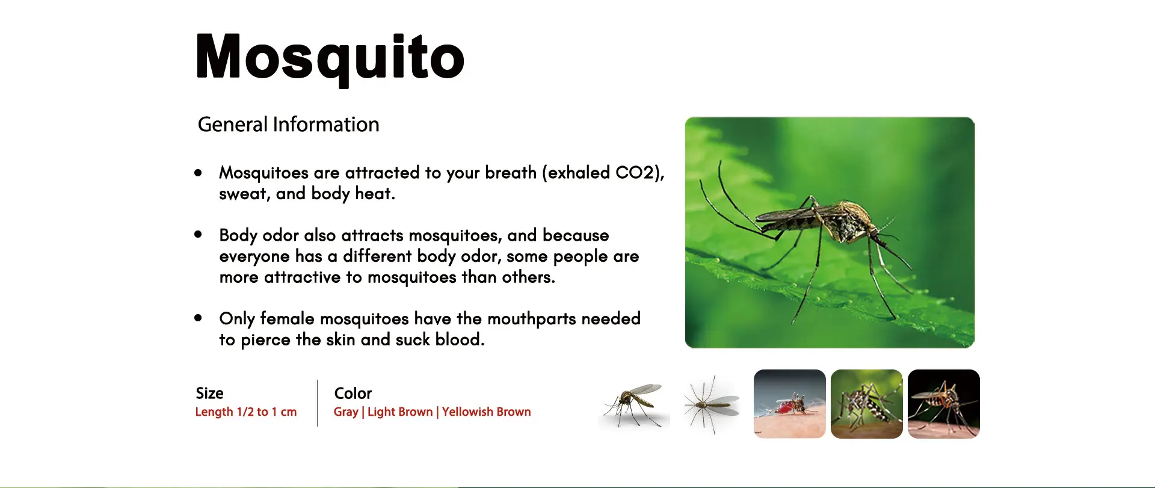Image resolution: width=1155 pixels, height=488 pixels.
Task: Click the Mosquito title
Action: [330, 58]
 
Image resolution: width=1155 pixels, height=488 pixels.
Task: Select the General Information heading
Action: [289, 125]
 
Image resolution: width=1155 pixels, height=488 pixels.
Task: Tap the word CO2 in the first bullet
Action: [634, 173]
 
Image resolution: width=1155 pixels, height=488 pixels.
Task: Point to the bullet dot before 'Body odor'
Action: [198, 235]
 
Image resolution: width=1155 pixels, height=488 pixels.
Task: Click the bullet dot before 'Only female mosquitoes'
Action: [198, 318]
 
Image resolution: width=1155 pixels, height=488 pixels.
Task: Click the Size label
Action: [209, 394]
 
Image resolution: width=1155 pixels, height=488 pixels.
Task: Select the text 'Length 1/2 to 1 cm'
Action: [246, 412]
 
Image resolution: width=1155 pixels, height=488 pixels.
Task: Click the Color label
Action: [353, 394]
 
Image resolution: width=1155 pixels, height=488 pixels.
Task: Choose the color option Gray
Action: [346, 412]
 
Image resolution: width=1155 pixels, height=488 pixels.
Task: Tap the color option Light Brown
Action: [400, 412]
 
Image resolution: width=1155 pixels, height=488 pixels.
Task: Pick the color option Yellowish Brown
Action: [487, 412]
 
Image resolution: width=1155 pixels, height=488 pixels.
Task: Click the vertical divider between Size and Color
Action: [317, 403]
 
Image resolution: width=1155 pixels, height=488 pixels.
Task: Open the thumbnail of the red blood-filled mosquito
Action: [790, 404]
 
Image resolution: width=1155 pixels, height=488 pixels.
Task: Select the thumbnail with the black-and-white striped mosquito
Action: [867, 404]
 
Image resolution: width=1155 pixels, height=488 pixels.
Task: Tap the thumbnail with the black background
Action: [944, 404]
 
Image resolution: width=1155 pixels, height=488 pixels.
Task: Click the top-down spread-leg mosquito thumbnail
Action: [712, 404]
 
